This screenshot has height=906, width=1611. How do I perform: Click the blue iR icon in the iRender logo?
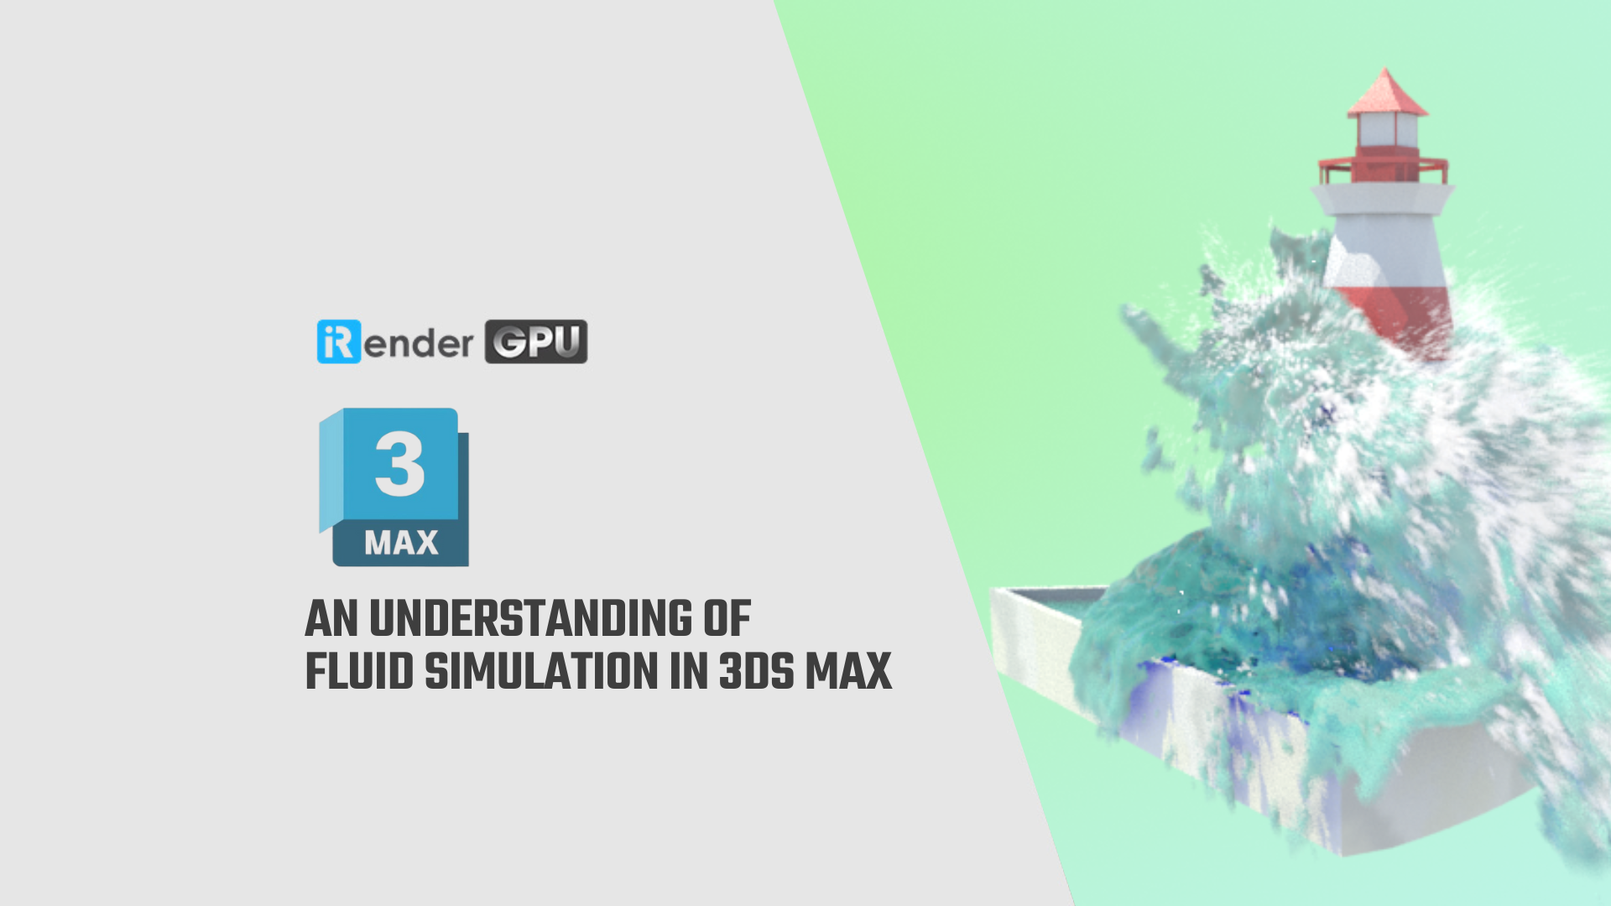tap(338, 341)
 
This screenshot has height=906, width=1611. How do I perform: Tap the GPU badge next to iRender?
tap(536, 341)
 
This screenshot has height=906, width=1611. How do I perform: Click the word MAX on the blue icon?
tap(401, 544)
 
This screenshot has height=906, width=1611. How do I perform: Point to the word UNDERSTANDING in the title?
tap(531, 619)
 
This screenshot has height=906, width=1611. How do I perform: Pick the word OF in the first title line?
tap(727, 619)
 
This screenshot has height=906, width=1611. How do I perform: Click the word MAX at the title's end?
tap(848, 672)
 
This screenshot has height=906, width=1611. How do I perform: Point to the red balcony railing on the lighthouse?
tap(1383, 168)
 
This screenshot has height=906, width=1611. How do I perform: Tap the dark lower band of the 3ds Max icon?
tap(401, 545)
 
